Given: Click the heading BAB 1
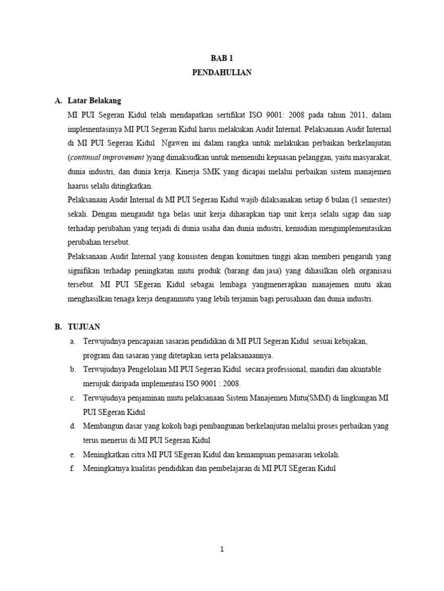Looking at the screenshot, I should pyautogui.click(x=221, y=58).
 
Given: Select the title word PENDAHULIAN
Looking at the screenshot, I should pyautogui.click(x=221, y=73).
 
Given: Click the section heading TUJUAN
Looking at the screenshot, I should pyautogui.click(x=84, y=327).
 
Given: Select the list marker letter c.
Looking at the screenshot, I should pyautogui.click(x=72, y=398).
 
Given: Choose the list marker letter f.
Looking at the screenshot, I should pyautogui.click(x=72, y=469).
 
